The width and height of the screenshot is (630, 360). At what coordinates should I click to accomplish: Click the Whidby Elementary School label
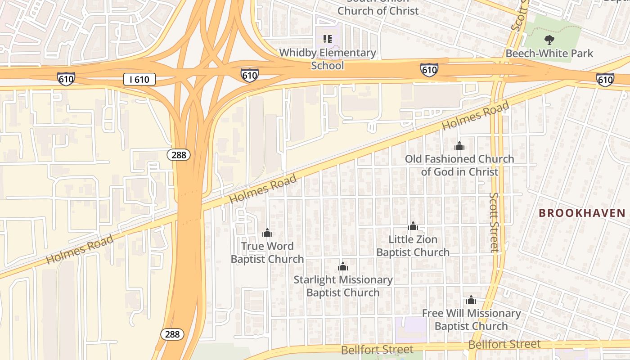pyautogui.click(x=328, y=59)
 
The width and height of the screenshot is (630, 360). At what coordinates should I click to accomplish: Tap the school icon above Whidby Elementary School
pyautogui.click(x=328, y=39)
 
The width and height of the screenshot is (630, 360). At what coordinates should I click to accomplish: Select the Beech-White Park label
pyautogui.click(x=549, y=53)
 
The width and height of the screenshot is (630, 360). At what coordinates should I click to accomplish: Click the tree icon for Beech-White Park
pyautogui.click(x=549, y=40)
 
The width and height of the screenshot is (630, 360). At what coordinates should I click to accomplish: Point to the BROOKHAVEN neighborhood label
pyautogui.click(x=582, y=213)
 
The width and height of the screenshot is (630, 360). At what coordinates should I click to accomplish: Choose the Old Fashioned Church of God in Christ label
pyautogui.click(x=459, y=165)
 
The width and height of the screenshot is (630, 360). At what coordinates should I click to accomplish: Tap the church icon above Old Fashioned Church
pyautogui.click(x=459, y=146)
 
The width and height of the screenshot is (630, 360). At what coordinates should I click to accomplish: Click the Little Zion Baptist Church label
pyautogui.click(x=413, y=246)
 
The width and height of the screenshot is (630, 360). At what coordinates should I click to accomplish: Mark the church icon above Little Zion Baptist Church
pyautogui.click(x=413, y=226)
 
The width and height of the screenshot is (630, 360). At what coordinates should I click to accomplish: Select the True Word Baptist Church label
pyautogui.click(x=267, y=252)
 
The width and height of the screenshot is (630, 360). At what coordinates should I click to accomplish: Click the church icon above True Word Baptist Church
pyautogui.click(x=267, y=233)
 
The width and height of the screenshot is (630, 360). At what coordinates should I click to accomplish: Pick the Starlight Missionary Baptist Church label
pyautogui.click(x=343, y=286)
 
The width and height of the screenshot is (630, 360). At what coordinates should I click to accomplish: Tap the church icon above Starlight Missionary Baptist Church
pyautogui.click(x=343, y=266)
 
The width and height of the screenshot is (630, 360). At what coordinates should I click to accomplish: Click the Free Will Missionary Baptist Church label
pyautogui.click(x=471, y=319)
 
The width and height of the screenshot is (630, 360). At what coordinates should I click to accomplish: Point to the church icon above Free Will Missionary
pyautogui.click(x=471, y=300)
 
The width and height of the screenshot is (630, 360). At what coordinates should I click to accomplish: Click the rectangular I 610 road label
pyautogui.click(x=139, y=80)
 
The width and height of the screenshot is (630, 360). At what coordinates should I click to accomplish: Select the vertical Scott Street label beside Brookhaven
pyautogui.click(x=495, y=222)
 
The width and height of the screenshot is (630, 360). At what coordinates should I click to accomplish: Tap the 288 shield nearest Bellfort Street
pyautogui.click(x=172, y=334)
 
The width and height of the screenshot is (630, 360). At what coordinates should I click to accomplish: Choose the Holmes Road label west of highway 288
pyautogui.click(x=80, y=250)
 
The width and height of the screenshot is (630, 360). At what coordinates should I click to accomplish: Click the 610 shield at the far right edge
pyautogui.click(x=605, y=80)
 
